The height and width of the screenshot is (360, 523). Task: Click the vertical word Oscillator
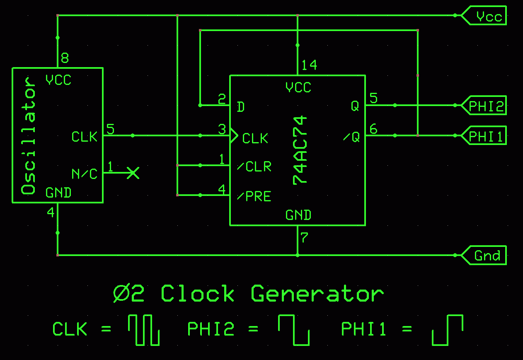pyautogui.click(x=29, y=135)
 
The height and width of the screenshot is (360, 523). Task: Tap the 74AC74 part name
pyautogui.click(x=300, y=150)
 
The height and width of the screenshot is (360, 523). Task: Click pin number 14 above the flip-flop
pyautogui.click(x=309, y=65)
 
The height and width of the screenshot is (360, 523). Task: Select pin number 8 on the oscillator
pyautogui.click(x=65, y=58)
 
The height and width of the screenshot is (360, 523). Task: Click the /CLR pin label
pyautogui.click(x=254, y=167)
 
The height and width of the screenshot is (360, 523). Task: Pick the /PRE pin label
pyautogui.click(x=254, y=196)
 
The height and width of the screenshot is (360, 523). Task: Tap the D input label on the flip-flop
pyautogui.click(x=240, y=107)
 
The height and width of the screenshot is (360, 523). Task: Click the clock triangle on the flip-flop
pyautogui.click(x=234, y=135)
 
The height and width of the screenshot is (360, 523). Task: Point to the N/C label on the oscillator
pyautogui.click(x=85, y=174)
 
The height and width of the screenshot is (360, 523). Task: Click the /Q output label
pyautogui.click(x=352, y=137)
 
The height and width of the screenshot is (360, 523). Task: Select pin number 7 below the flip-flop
pyautogui.click(x=305, y=238)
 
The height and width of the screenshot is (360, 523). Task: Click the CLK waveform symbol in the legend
pyautogui.click(x=143, y=330)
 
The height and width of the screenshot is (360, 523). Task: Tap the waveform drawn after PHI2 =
pyautogui.click(x=293, y=330)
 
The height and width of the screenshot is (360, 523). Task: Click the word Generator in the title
pyautogui.click(x=317, y=294)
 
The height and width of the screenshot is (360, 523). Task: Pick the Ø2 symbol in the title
pyautogui.click(x=129, y=294)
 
